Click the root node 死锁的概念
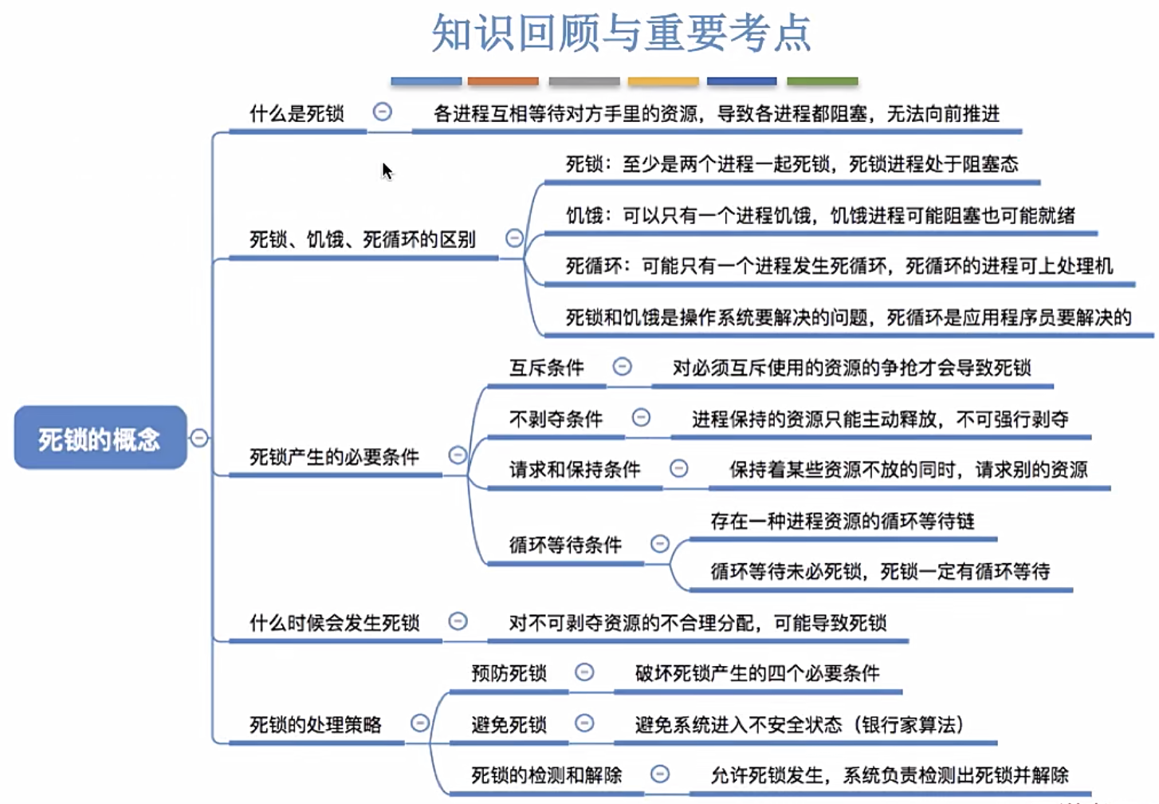pyautogui.click(x=100, y=438)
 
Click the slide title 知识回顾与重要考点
pyautogui.click(x=621, y=33)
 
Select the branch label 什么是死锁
pyautogui.click(x=297, y=113)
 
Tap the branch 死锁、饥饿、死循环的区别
pyautogui.click(x=362, y=239)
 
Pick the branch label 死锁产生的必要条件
pyautogui.click(x=334, y=456)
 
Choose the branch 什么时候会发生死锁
pyautogui.click(x=334, y=622)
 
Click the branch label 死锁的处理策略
pyautogui.click(x=316, y=724)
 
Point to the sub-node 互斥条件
pyautogui.click(x=546, y=368)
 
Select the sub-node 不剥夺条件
pyautogui.click(x=556, y=419)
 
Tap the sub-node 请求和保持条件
pyautogui.click(x=574, y=469)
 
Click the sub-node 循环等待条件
pyautogui.click(x=565, y=545)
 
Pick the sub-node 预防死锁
pyautogui.click(x=509, y=673)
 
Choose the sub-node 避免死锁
pyautogui.click(x=509, y=724)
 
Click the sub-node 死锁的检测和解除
pyautogui.click(x=546, y=774)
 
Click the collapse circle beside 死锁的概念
pyautogui.click(x=199, y=437)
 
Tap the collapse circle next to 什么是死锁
pyautogui.click(x=383, y=112)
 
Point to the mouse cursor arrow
pyautogui.click(x=387, y=171)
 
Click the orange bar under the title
pyautogui.click(x=503, y=81)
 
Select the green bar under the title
pyautogui.click(x=822, y=81)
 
